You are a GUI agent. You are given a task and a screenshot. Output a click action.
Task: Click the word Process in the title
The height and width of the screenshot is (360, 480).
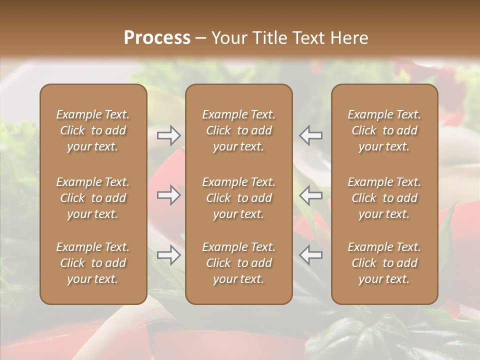coord(157,38)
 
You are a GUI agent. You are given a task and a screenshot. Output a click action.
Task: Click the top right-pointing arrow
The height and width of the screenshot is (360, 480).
coord(168,135)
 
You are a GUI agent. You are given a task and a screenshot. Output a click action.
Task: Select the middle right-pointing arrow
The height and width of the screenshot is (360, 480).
coord(168,195)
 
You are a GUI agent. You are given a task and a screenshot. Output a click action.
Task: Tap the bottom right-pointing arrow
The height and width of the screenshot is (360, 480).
coord(168,254)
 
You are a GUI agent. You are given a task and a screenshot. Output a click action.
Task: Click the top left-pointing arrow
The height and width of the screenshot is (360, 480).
coord(310,135)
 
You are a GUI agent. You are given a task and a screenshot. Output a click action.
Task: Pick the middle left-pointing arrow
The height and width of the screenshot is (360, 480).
coord(310,195)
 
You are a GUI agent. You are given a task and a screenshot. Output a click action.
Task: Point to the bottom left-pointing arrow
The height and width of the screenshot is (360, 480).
coord(310,254)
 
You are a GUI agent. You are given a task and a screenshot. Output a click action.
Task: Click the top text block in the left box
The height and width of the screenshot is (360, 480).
coord(93,130)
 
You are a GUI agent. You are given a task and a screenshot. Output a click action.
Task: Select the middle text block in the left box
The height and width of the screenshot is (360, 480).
coord(93,198)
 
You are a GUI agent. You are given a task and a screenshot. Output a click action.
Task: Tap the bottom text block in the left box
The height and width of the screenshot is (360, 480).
coord(93,263)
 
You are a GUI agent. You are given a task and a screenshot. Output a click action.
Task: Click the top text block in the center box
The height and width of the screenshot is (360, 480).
coord(238,130)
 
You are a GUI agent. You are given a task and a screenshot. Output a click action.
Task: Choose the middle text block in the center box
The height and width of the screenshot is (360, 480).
coord(238,198)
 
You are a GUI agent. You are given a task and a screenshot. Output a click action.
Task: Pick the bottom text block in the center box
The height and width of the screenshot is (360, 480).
coord(238,263)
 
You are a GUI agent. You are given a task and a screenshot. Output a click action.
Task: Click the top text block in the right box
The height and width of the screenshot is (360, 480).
coord(384,130)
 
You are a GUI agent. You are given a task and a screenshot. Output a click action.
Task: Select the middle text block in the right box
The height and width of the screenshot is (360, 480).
coord(384,198)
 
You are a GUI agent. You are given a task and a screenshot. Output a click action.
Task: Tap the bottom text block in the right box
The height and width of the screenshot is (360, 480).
coord(384,263)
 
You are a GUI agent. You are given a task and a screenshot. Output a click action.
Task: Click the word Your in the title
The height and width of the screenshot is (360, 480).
coord(227,38)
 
